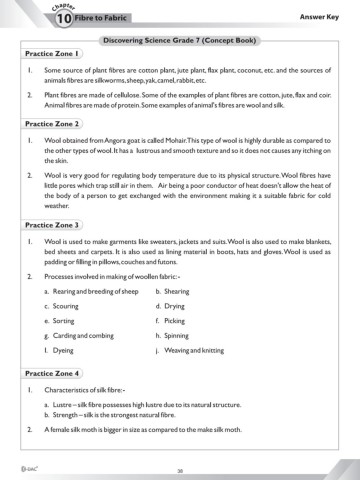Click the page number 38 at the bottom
click(180, 466)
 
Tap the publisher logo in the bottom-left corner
click(16, 465)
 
